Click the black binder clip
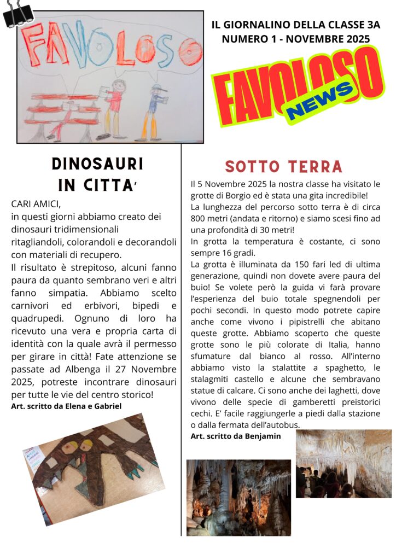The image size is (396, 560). click(x=18, y=13)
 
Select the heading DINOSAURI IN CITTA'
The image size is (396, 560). click(x=97, y=174)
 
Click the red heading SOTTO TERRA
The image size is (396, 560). click(x=283, y=166)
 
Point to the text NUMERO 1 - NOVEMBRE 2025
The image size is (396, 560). click(x=295, y=39)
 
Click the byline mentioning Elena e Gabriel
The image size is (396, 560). click(x=66, y=406)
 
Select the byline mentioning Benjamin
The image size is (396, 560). click(x=236, y=436)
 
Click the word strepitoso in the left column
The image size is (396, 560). click(x=87, y=267)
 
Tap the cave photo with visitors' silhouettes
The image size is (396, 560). click(x=343, y=463)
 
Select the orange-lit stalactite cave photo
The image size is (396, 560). click(x=238, y=497)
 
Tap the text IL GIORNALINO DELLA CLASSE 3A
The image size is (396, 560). click(x=295, y=26)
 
